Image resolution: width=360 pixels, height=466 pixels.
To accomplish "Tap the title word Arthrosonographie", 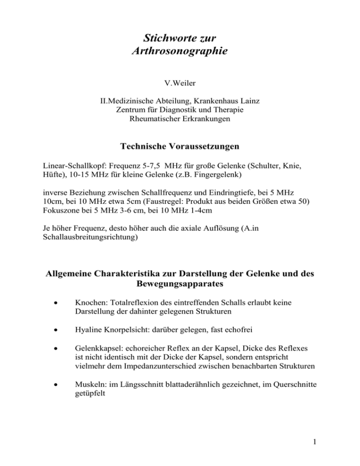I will [x=180, y=50].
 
